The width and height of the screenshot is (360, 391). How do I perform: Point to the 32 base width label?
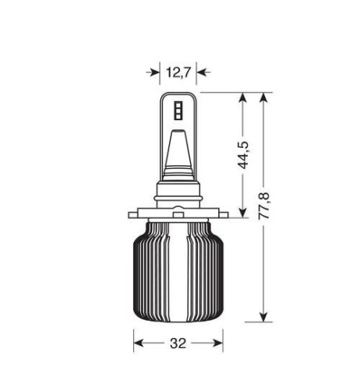click(x=178, y=343)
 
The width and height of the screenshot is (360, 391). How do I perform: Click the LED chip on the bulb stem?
click(x=178, y=111)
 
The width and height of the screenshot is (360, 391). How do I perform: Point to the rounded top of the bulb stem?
click(x=178, y=94)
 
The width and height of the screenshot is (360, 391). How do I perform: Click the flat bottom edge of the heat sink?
click(x=178, y=321)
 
